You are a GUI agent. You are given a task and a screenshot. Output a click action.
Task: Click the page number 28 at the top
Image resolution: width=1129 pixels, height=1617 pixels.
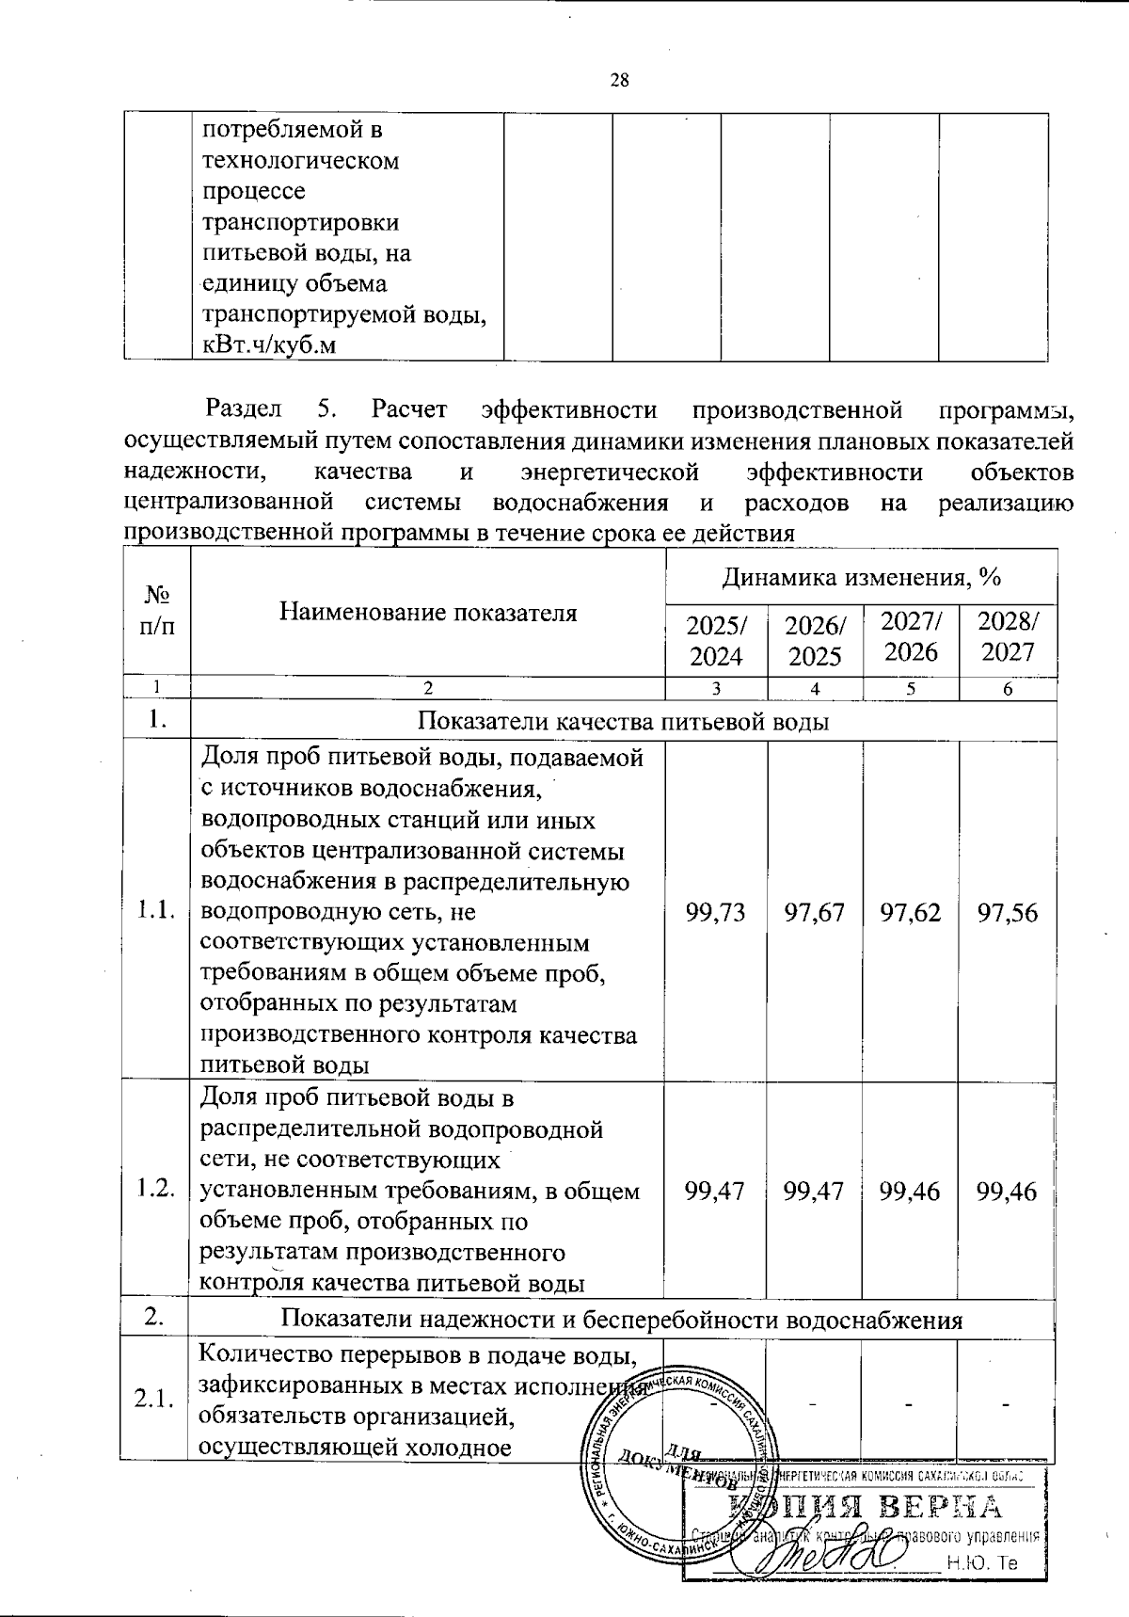point(620,80)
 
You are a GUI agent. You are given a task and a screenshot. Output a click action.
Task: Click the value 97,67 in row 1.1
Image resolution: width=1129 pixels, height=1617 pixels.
point(815,911)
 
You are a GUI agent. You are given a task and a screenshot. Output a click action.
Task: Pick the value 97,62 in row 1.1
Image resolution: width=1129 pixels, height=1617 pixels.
point(911,911)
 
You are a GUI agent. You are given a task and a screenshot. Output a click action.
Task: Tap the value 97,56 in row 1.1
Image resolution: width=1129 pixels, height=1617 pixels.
point(1008,911)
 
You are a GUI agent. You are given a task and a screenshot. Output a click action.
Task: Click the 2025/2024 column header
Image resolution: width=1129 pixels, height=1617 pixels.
point(716,640)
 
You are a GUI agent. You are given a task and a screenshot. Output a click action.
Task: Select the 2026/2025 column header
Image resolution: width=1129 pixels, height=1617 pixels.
point(815,640)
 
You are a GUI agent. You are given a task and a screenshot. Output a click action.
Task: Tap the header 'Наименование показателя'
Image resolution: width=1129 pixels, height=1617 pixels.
point(428,613)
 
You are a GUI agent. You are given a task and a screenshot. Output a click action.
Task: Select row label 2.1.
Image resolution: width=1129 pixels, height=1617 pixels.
point(155,1400)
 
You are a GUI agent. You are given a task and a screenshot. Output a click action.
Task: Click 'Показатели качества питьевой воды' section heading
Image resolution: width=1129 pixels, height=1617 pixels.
point(623,722)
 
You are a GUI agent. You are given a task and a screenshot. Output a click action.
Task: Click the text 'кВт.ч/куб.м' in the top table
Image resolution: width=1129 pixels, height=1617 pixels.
point(269,345)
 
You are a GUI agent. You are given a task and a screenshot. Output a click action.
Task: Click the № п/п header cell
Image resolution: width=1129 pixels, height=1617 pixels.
point(156,611)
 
